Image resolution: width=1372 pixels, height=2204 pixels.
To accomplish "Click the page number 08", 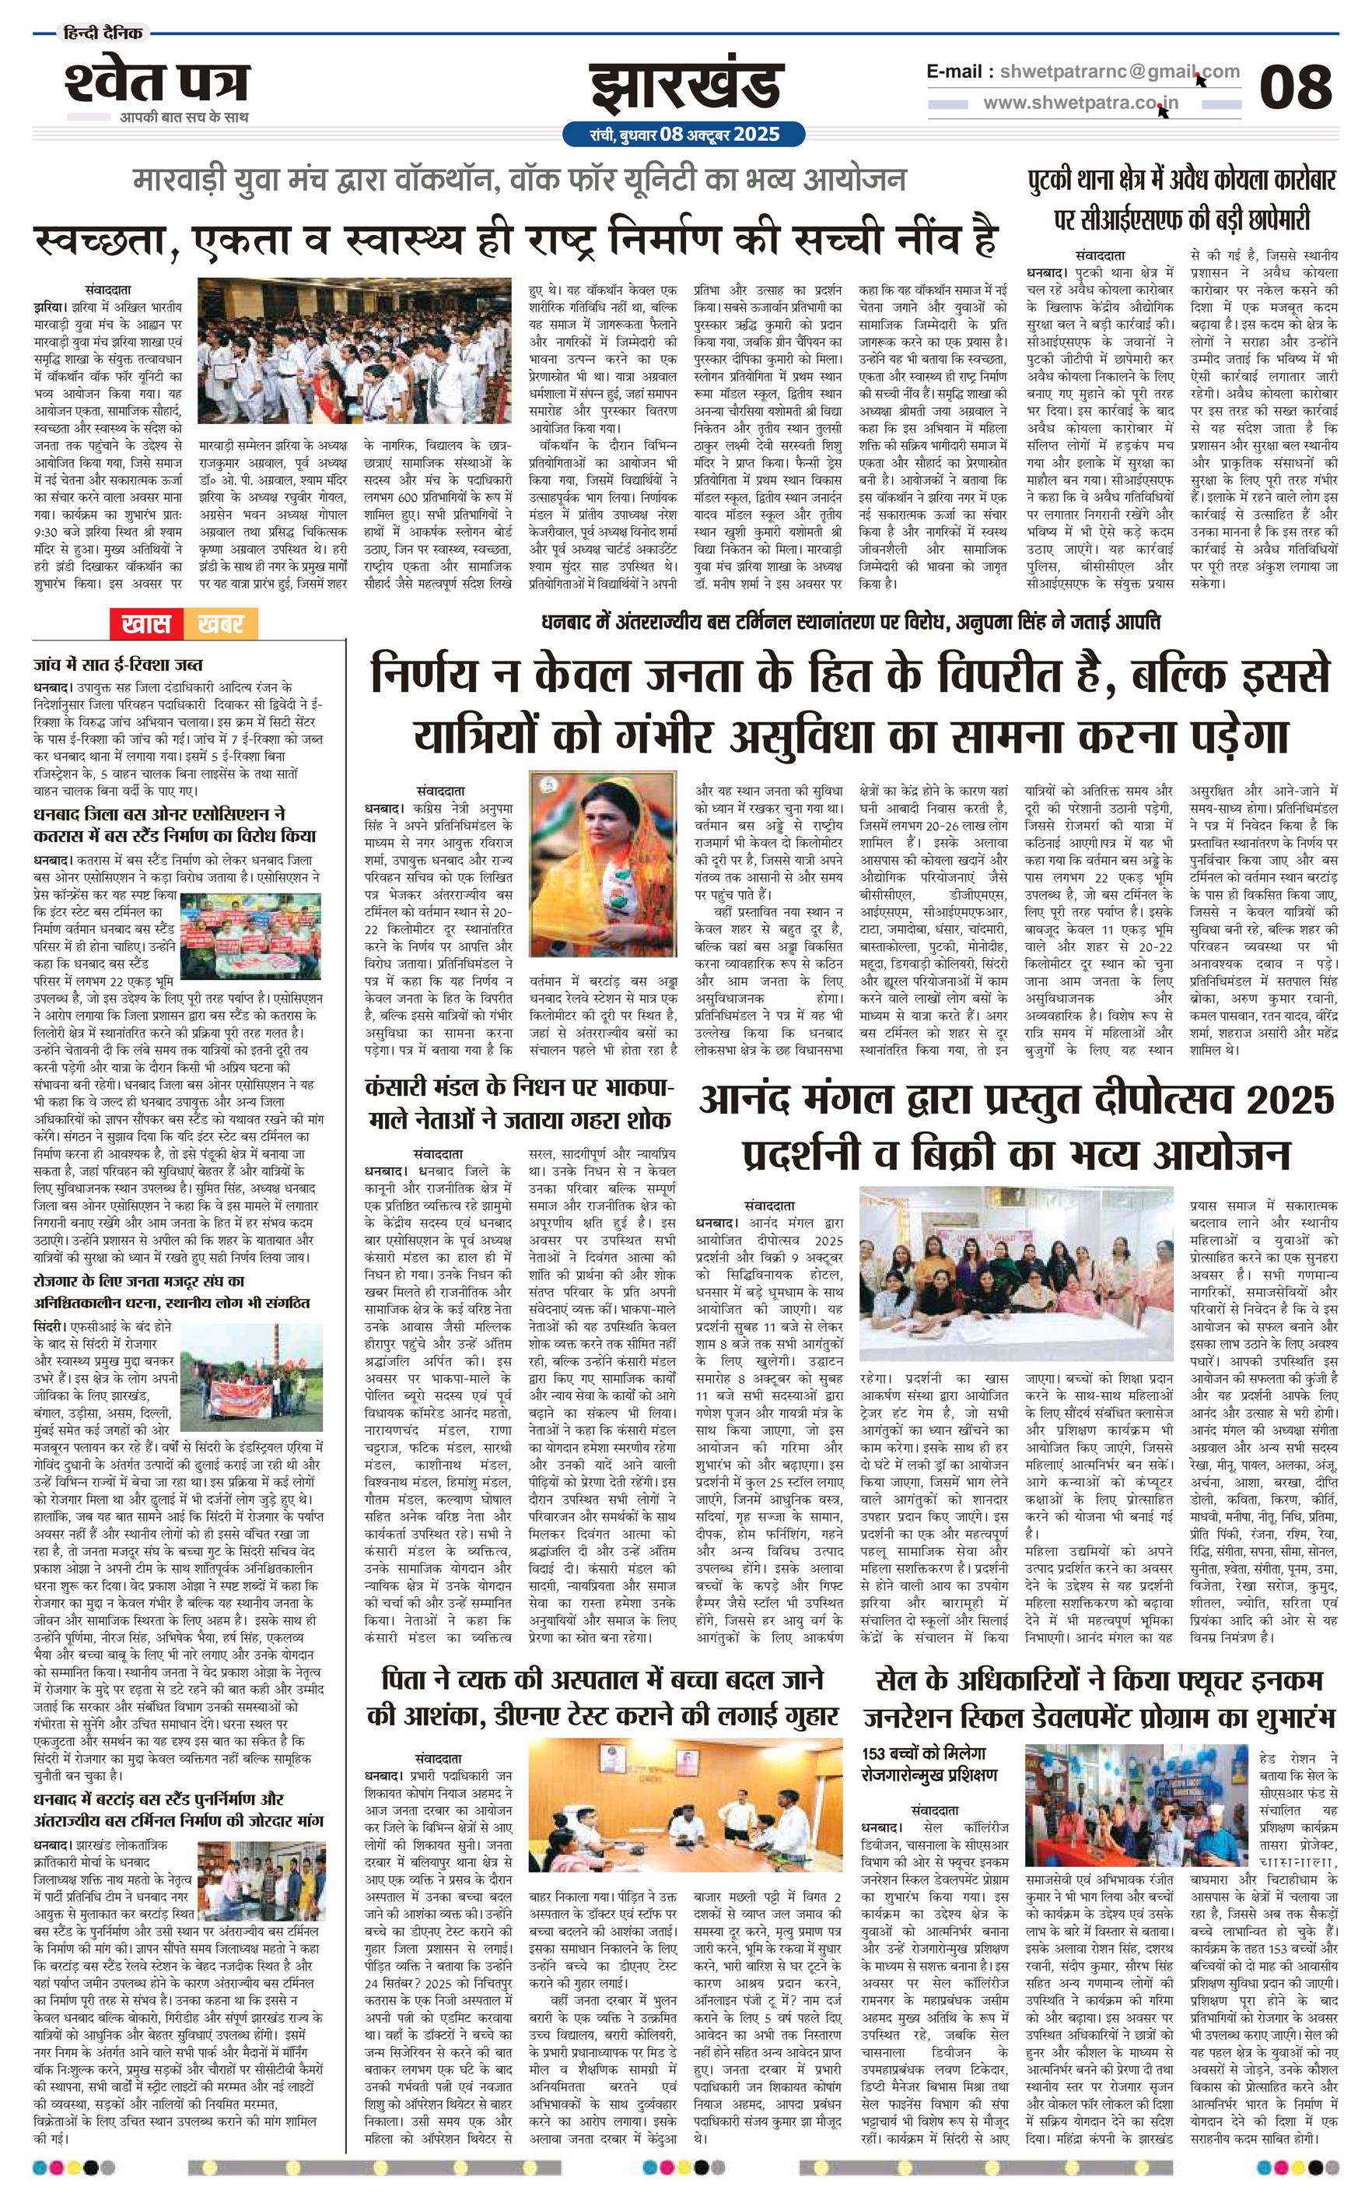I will [x=1295, y=87].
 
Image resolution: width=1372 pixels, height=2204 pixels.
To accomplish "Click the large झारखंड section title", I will [x=685, y=87].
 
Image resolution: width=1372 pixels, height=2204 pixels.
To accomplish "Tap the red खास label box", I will [x=145, y=623].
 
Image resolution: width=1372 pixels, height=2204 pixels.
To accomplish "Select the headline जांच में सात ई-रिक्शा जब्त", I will [x=119, y=665].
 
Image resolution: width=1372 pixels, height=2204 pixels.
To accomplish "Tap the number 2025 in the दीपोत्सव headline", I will [x=1290, y=1100].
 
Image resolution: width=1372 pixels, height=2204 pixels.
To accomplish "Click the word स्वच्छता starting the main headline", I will [x=96, y=236].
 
